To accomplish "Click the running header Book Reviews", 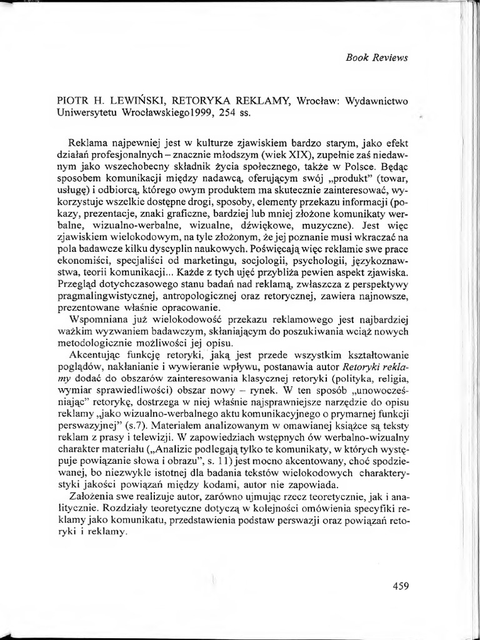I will coord(376,57).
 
